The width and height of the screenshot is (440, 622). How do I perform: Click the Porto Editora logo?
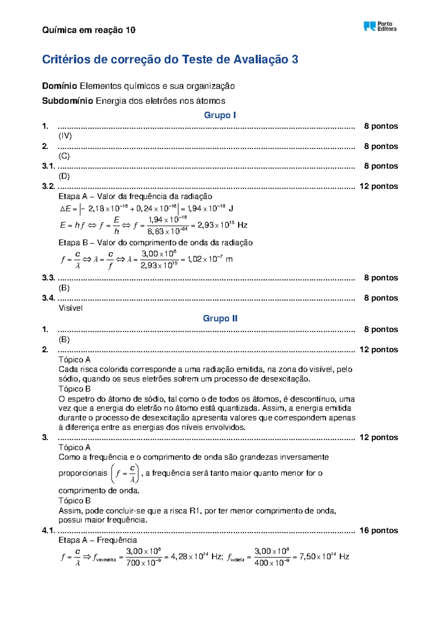[x=379, y=26]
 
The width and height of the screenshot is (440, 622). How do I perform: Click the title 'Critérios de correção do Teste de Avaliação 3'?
[x=170, y=59]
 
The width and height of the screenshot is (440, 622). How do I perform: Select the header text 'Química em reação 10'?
[x=89, y=30]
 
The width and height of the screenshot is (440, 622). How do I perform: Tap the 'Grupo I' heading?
[x=220, y=115]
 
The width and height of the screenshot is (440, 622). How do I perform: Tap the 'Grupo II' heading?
[x=220, y=318]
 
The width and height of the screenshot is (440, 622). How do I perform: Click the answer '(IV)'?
[x=65, y=136]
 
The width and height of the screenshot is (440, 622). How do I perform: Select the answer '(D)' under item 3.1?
[x=64, y=176]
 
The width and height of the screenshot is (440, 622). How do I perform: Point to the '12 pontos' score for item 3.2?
[x=378, y=186]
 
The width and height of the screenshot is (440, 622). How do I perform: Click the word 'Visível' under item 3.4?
[x=70, y=308]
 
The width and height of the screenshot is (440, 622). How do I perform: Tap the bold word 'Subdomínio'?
[x=67, y=101]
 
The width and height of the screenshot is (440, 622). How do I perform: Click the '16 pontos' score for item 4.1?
[x=378, y=530]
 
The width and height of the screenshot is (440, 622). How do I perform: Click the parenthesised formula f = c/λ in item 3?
[x=125, y=473]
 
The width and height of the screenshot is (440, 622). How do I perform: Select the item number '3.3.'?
[x=48, y=278]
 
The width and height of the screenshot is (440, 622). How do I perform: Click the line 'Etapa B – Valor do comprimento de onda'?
[x=155, y=242]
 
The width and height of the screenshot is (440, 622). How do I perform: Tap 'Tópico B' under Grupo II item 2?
[x=74, y=389]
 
